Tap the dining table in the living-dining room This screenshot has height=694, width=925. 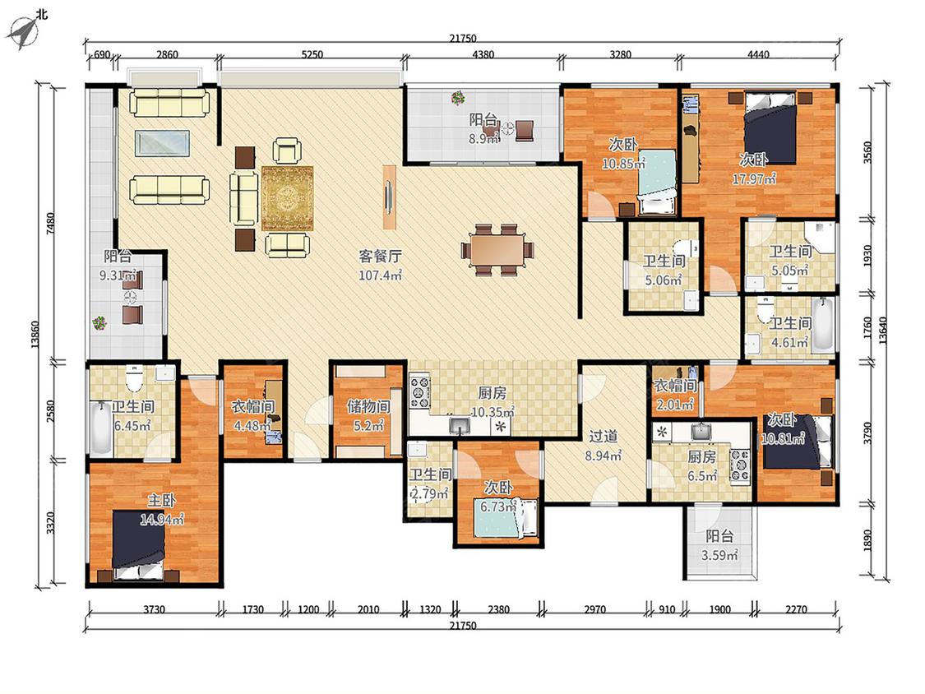[497, 250]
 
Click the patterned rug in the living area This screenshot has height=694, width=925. [287, 198]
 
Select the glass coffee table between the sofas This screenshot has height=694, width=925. [162, 143]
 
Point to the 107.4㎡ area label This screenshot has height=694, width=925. [381, 275]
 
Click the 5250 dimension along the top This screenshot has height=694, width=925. [312, 55]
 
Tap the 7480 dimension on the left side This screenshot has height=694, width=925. [51, 224]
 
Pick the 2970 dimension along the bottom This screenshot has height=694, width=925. [594, 609]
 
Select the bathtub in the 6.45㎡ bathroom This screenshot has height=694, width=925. [101, 428]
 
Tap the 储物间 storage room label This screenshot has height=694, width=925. [368, 406]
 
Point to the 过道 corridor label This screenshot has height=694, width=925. [603, 437]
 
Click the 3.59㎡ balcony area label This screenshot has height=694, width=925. [719, 555]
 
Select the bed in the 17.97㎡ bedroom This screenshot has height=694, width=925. [770, 127]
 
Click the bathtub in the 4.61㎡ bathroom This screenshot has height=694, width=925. [823, 325]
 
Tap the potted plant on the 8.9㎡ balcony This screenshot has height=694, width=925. [458, 98]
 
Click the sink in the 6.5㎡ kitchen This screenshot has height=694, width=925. [701, 432]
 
